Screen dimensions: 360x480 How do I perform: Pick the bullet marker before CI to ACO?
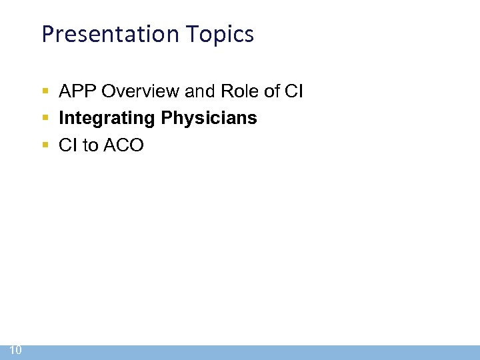coord(45,145)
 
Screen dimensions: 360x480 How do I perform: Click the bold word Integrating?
coord(107,119)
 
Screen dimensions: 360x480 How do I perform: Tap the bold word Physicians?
coord(209,118)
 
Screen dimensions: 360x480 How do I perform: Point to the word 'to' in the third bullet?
coord(90,145)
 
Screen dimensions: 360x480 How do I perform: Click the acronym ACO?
coord(123,145)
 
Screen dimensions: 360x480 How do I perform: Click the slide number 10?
coord(16,351)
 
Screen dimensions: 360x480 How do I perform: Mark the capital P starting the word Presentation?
coord(47,34)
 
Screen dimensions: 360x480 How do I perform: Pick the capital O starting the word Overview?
coord(108,91)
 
